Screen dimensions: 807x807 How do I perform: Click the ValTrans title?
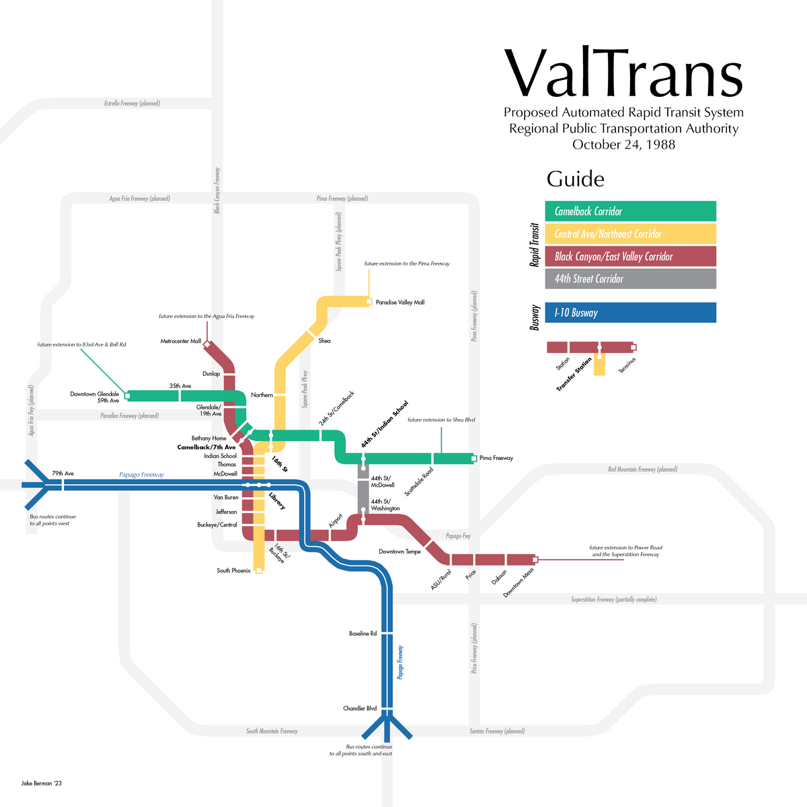tap(623, 73)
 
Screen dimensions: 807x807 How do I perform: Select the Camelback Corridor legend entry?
tap(630, 211)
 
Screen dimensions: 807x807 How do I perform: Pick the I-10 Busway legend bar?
tap(630, 313)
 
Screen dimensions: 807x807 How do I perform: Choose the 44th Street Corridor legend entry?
tap(630, 279)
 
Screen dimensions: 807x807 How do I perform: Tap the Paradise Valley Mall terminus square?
tap(369, 302)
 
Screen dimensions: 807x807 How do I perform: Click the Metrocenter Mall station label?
tap(180, 342)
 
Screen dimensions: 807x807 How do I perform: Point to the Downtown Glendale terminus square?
tap(127, 395)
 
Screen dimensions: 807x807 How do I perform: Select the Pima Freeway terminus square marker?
tap(474, 459)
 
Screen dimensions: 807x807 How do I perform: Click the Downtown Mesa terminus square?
tap(535, 560)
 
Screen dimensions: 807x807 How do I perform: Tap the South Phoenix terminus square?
tap(259, 571)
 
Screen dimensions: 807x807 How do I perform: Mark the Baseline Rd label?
tap(362, 633)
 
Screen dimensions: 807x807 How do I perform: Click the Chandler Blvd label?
tap(360, 708)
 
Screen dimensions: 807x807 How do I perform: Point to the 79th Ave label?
tap(63, 473)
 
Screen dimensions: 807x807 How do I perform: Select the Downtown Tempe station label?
tap(399, 551)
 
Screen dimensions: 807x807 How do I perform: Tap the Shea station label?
tap(324, 341)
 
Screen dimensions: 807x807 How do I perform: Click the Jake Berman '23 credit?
tap(42, 783)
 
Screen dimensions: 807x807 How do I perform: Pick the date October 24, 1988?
tap(623, 145)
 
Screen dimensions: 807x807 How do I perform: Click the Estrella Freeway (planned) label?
tap(132, 104)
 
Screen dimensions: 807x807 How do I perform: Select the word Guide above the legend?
tap(575, 179)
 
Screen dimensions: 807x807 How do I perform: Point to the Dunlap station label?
tap(211, 374)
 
